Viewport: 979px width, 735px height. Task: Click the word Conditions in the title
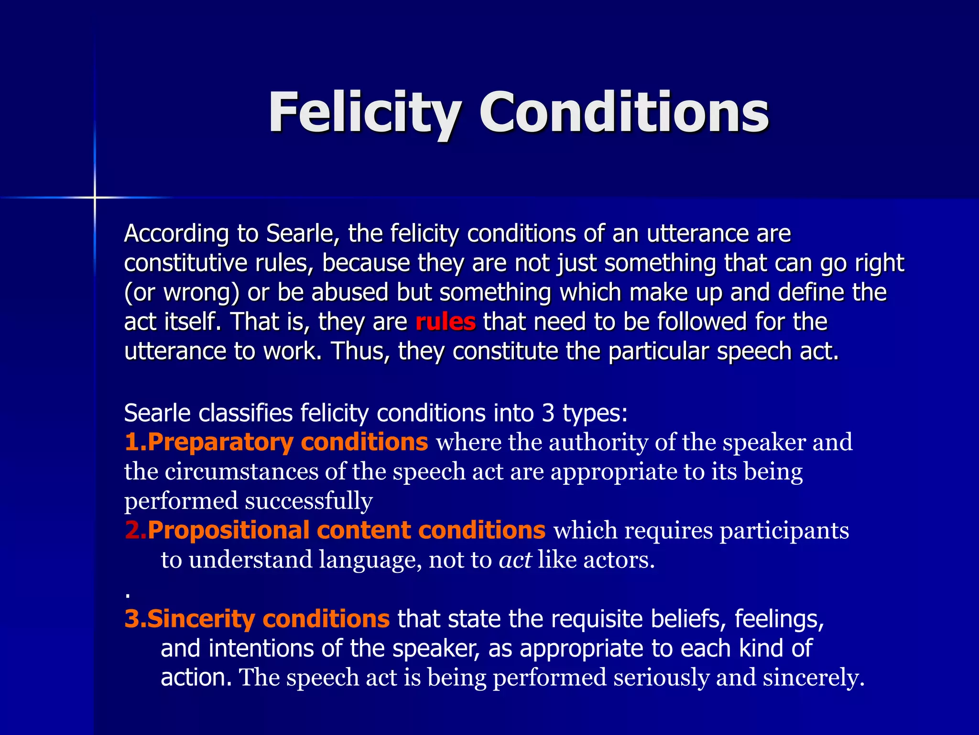[x=624, y=113]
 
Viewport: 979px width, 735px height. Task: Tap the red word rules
[x=446, y=322]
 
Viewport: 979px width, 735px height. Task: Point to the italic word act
[x=515, y=560]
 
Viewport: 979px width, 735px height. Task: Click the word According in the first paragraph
[x=176, y=234]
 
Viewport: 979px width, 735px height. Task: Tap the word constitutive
[x=185, y=263]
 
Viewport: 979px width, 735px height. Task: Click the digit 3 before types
[x=548, y=413]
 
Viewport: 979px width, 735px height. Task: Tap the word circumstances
[x=241, y=472]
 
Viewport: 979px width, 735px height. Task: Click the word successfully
[x=309, y=501]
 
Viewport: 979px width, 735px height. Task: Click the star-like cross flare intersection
[x=95, y=197]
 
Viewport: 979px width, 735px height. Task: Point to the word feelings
[x=779, y=619]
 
